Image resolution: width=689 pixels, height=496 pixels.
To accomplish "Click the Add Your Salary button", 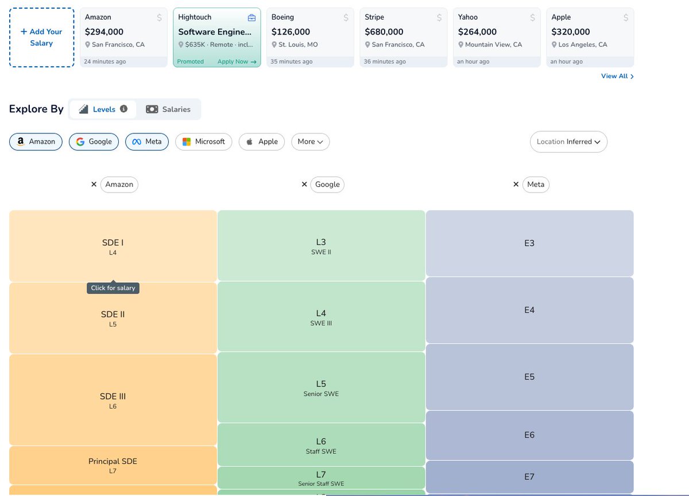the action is [41, 37].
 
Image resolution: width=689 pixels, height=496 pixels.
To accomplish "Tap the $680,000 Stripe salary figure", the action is [384, 32].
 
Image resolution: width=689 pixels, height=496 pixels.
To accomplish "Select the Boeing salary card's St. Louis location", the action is [295, 45].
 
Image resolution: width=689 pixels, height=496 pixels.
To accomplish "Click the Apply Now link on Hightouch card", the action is [237, 61].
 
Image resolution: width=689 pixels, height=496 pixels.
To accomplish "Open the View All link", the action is [617, 76].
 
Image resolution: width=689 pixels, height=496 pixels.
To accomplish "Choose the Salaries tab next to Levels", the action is [168, 109].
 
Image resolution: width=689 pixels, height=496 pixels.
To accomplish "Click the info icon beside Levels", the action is [123, 109].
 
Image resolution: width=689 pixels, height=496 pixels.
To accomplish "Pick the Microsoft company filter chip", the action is [204, 141].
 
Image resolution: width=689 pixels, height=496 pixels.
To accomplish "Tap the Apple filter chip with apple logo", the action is [262, 141].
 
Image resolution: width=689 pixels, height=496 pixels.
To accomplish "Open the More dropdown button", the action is [311, 141].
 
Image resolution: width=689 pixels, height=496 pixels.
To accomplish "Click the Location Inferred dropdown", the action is [568, 141].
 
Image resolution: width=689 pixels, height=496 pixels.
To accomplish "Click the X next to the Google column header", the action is [304, 184].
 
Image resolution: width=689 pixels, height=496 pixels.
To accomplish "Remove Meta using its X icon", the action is [516, 184].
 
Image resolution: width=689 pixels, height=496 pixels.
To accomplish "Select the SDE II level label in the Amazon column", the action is [113, 314].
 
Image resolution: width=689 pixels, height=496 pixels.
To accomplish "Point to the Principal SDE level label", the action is [113, 461].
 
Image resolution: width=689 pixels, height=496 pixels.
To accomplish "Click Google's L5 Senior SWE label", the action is [321, 388].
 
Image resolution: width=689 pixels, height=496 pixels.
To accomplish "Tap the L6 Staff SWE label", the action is [321, 446].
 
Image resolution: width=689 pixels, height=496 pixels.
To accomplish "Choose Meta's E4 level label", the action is [529, 310].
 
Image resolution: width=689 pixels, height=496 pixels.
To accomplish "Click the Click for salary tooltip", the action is [113, 288].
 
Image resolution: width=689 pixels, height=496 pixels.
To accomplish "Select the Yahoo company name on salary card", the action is [467, 17].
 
